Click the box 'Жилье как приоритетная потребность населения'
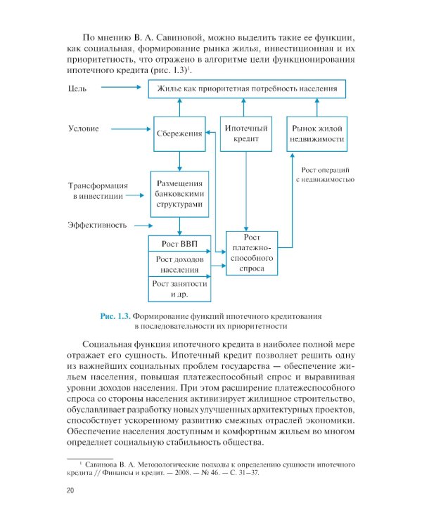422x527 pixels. tap(252, 89)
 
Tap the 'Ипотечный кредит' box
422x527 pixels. tap(246, 134)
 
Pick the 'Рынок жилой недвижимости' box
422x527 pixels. tap(316, 134)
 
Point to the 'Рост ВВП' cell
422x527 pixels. tap(180, 244)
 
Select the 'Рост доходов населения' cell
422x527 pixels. tap(180, 263)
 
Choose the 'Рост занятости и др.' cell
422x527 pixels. tap(180, 287)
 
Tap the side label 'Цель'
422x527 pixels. tap(78, 89)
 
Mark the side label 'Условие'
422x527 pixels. tap(84, 129)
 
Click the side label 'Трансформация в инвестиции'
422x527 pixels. tap(97, 191)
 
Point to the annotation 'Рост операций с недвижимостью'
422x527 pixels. tap(323, 175)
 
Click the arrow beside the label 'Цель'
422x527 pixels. tap(122, 89)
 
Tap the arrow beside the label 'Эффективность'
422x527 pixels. tap(143, 226)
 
